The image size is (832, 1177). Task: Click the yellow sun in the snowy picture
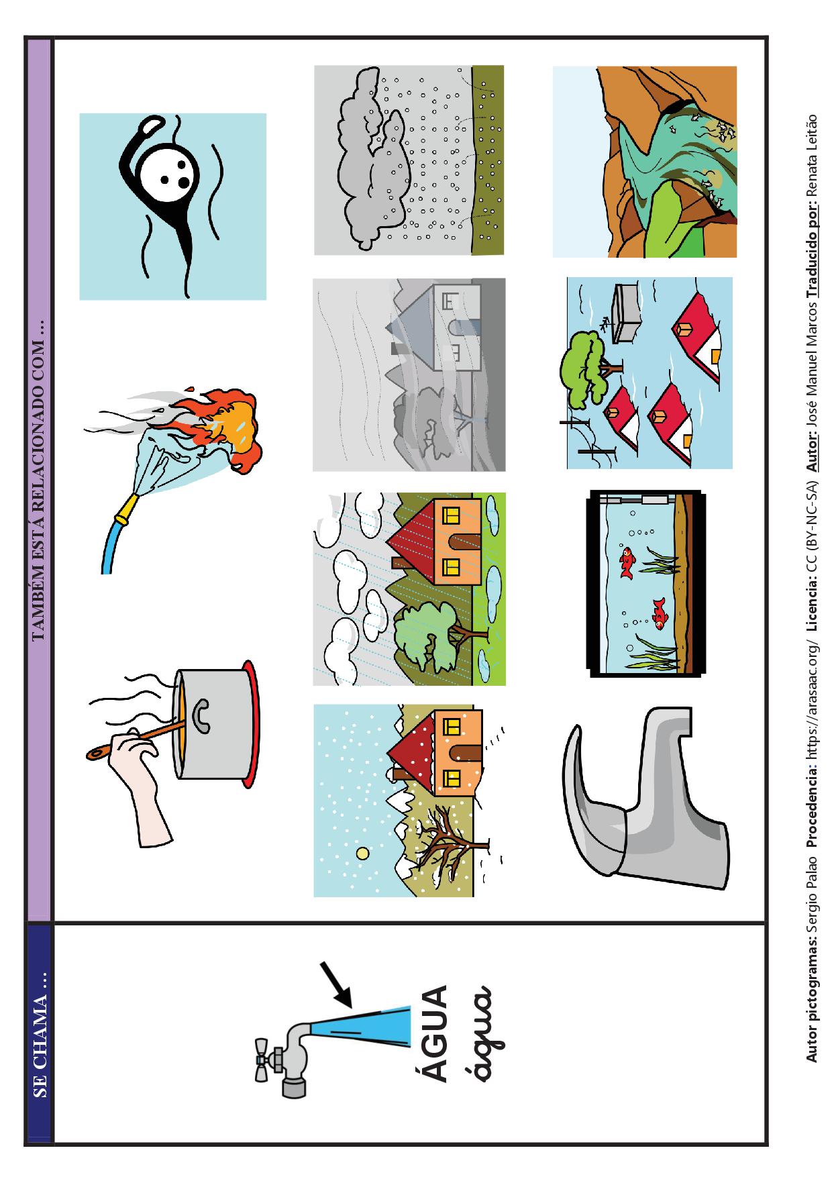pos(362,854)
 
